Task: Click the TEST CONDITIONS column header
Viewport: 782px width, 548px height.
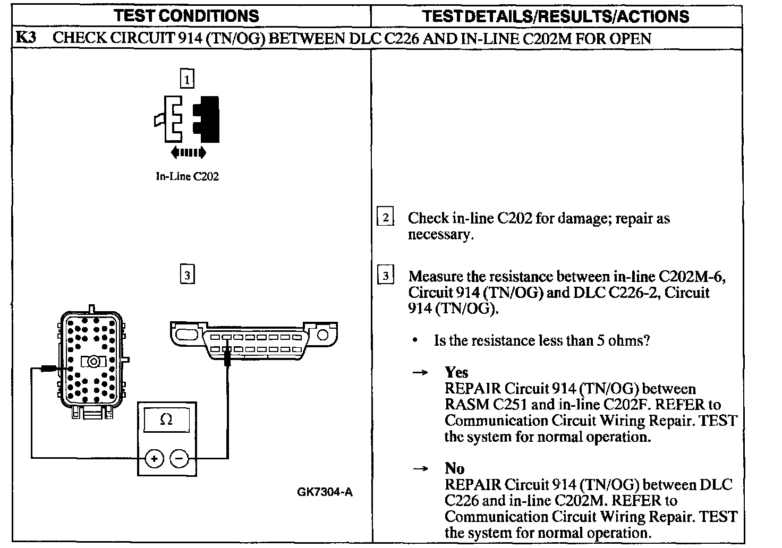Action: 187,15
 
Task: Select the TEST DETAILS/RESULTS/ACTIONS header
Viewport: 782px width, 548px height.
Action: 556,16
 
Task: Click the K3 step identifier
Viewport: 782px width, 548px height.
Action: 26,38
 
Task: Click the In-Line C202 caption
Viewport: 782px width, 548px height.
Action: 187,176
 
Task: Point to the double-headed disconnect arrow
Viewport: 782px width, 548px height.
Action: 188,153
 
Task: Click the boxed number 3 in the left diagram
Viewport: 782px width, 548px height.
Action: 187,275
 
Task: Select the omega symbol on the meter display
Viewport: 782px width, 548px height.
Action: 166,420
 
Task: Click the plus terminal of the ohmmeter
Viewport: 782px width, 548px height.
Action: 154,458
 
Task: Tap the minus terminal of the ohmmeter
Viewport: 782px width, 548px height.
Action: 180,458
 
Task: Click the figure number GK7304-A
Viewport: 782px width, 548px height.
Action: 325,492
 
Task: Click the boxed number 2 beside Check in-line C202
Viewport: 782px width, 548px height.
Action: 385,217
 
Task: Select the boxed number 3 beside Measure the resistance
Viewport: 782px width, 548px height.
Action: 385,276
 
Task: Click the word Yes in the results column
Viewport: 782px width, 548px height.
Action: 456,372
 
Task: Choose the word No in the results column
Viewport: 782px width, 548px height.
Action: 454,468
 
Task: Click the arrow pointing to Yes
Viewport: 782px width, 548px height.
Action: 420,373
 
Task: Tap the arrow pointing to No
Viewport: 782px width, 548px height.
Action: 420,469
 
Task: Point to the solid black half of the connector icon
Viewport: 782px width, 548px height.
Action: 210,119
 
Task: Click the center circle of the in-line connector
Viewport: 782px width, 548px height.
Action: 92,362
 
